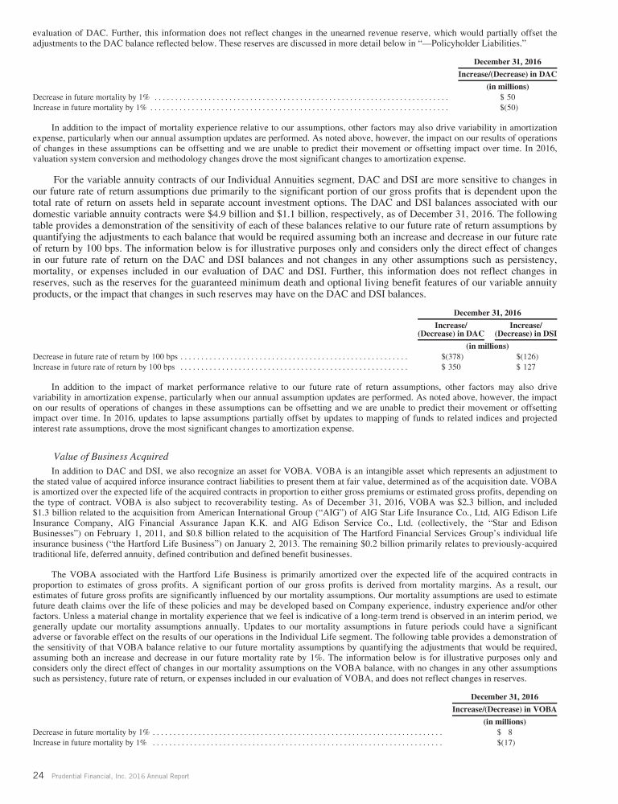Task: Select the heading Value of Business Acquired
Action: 110,457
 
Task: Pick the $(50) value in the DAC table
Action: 508,106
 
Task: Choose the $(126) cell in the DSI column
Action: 527,356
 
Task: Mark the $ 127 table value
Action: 528,366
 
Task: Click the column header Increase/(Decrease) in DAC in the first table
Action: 508,73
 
